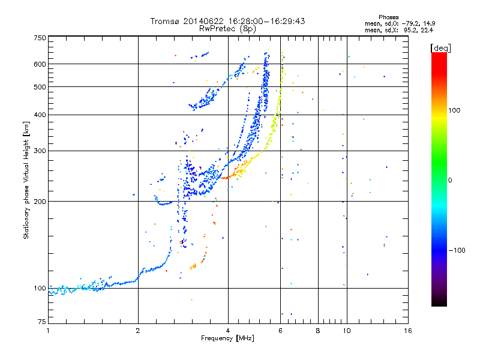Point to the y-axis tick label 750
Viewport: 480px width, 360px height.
[39, 38]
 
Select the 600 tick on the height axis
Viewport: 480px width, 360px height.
[39, 64]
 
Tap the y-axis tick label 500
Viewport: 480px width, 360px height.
[39, 86]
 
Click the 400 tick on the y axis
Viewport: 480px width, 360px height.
[39, 115]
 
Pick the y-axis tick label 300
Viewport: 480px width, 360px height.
[39, 151]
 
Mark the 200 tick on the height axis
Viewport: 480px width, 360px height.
[39, 201]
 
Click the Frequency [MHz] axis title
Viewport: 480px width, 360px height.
[227, 339]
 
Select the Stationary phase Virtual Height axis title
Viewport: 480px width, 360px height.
[26, 181]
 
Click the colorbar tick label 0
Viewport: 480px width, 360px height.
[451, 180]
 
